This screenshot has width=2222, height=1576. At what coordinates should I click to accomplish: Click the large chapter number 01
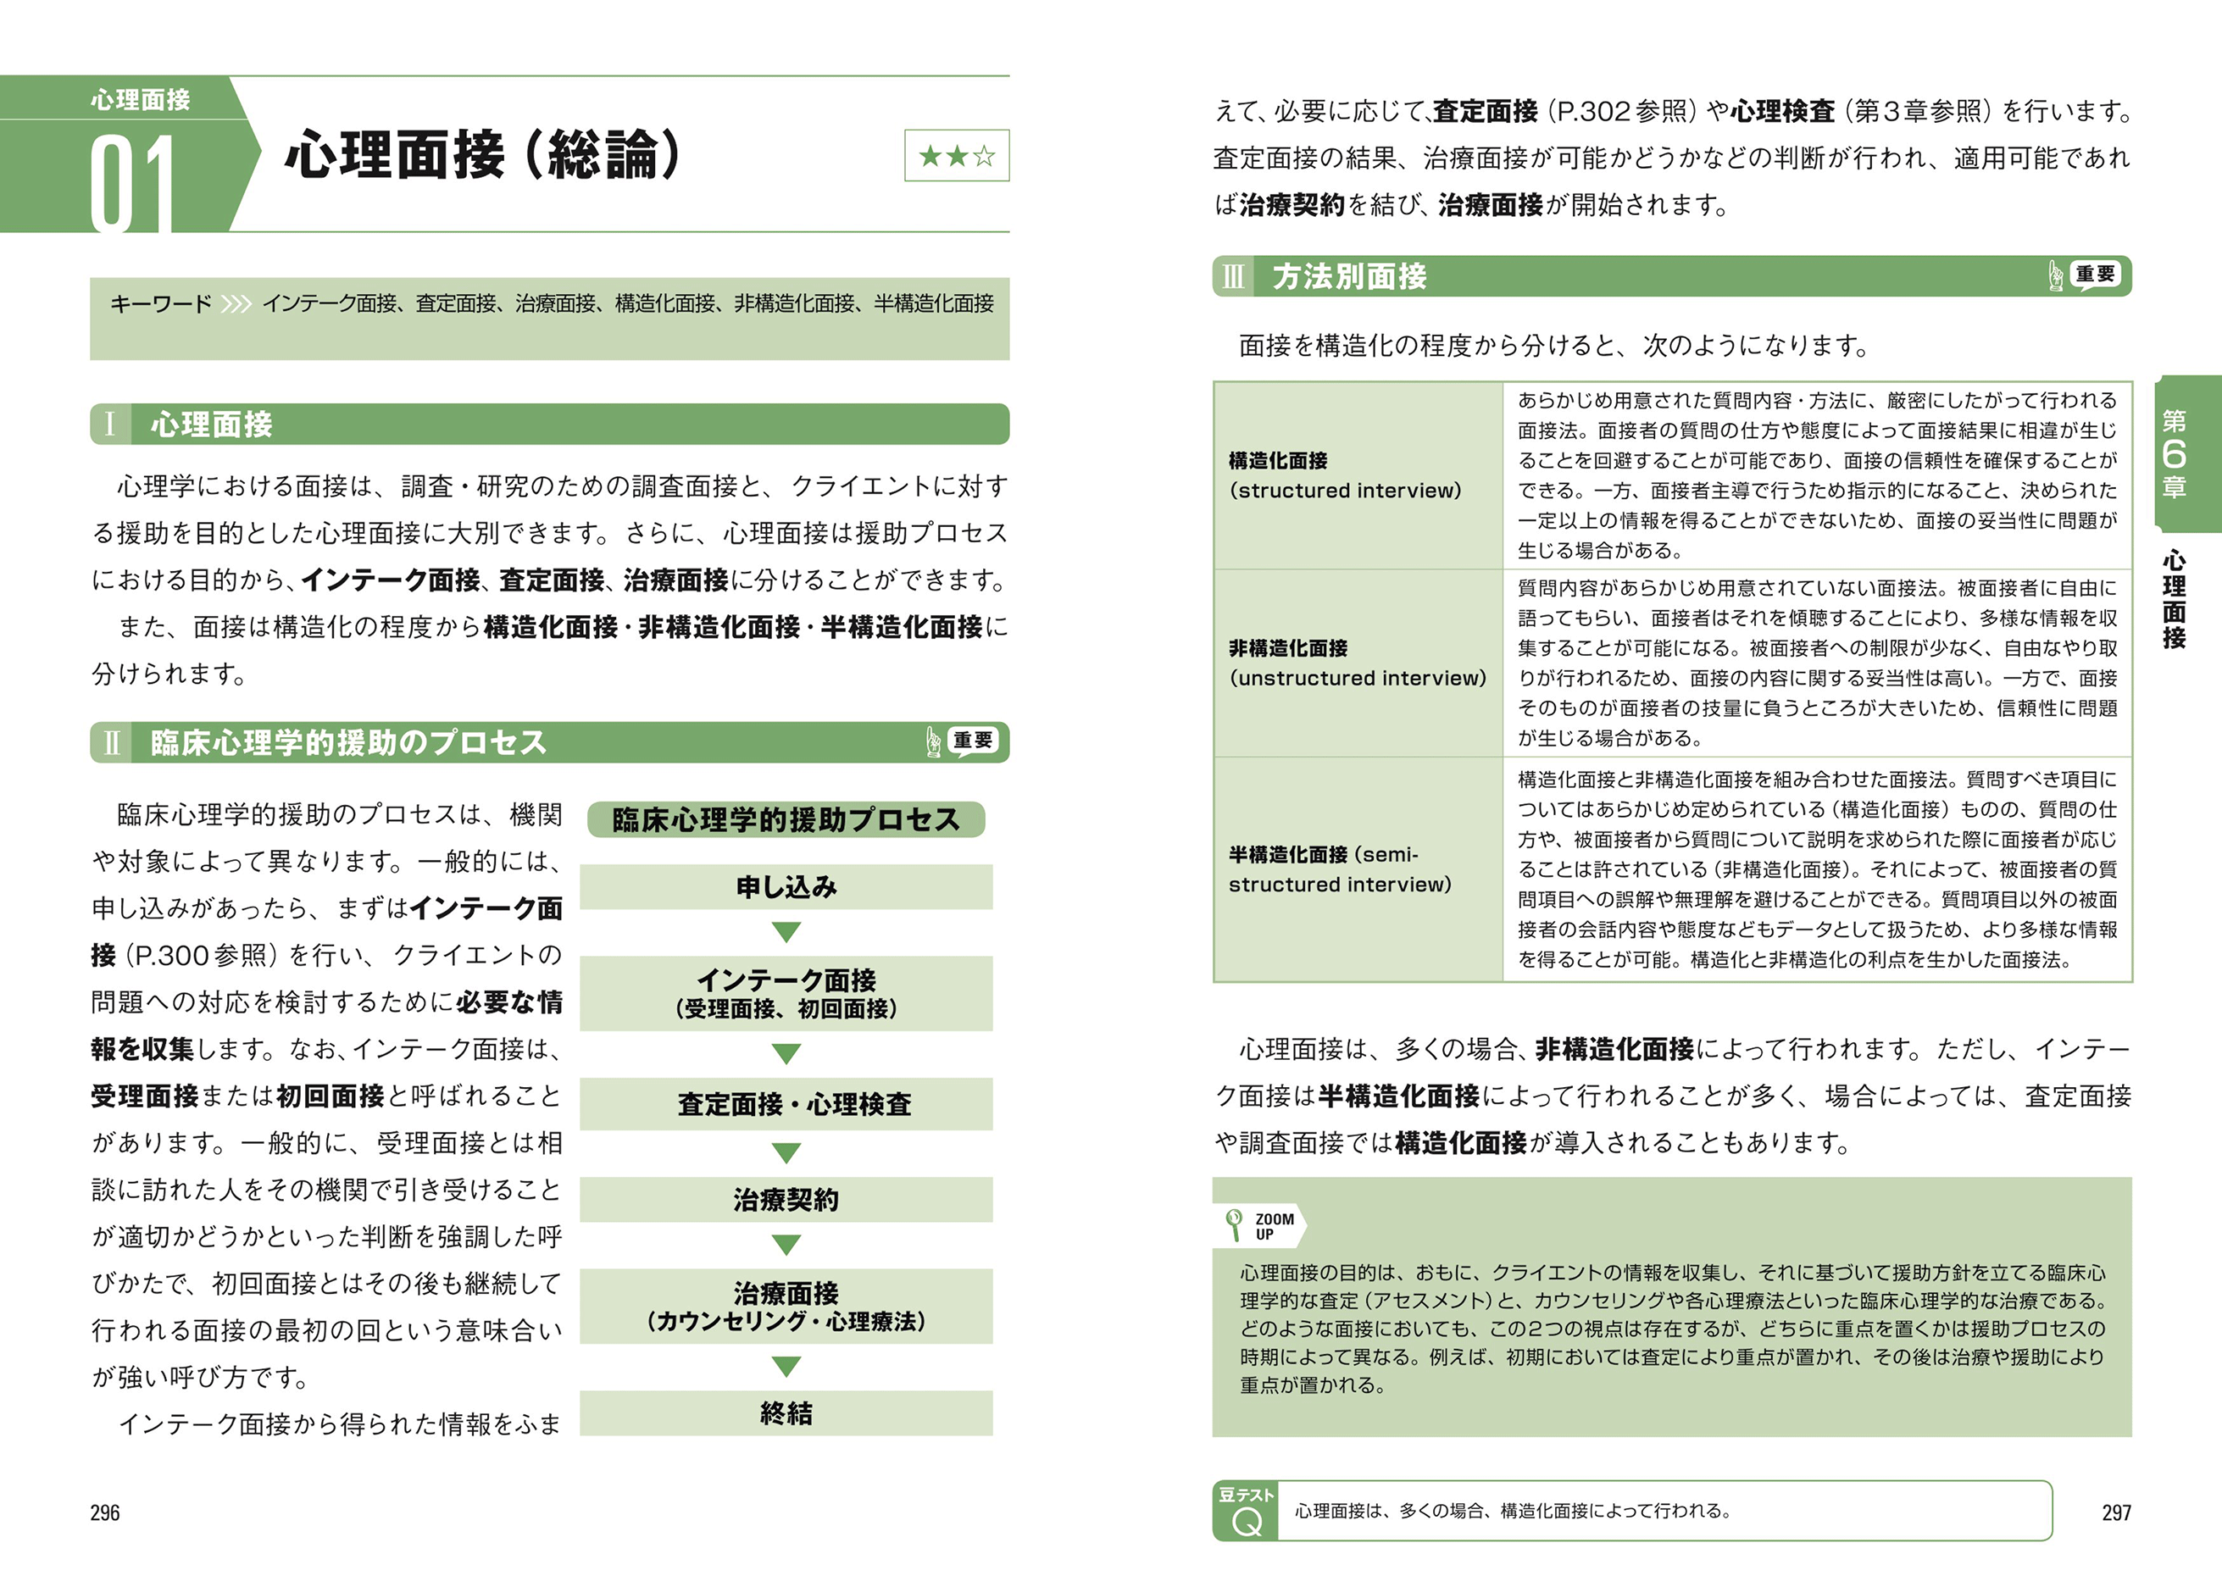[133, 182]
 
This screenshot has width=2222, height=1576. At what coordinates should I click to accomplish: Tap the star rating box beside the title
[956, 155]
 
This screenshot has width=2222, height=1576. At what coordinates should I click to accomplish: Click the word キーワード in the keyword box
[160, 303]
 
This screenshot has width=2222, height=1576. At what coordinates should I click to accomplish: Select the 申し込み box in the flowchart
[786, 887]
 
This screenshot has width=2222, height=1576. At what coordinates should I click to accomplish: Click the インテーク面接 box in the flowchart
[786, 993]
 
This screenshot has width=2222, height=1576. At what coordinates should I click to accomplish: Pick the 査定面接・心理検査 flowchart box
[786, 1103]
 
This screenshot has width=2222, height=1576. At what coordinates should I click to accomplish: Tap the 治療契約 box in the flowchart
[786, 1200]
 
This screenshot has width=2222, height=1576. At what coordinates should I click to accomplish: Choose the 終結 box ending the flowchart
[786, 1413]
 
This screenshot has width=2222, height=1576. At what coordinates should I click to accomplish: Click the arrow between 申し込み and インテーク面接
[786, 933]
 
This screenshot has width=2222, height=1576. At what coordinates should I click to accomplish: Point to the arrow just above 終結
[786, 1367]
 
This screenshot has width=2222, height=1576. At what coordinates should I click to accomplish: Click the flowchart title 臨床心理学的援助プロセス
[786, 820]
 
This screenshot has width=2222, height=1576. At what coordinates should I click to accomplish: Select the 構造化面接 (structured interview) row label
[1344, 475]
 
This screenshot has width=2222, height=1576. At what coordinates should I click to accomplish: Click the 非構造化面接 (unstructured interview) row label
[1357, 663]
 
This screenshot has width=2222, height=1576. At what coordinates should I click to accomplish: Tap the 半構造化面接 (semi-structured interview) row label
[1339, 869]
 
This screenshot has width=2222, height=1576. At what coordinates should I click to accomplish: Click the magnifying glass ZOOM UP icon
[1234, 1224]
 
